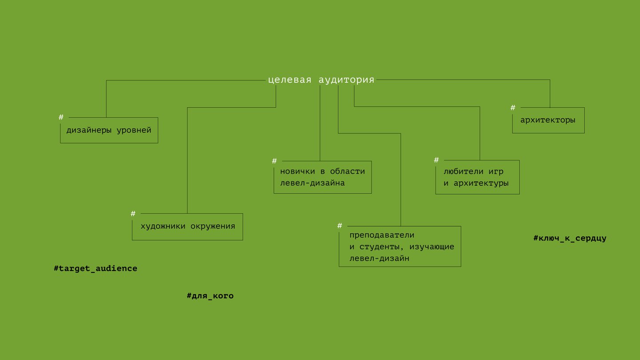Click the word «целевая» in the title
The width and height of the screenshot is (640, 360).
(289, 80)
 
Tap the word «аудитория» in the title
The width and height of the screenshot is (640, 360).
(346, 80)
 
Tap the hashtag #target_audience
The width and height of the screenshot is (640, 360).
(96, 268)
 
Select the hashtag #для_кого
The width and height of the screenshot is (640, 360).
(210, 296)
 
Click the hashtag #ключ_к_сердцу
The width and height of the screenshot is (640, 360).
(570, 238)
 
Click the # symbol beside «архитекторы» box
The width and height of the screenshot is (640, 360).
(513, 108)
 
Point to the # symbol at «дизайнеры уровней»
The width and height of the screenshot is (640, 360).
(61, 117)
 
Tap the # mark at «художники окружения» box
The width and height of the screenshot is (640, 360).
(133, 213)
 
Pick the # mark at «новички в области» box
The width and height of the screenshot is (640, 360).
(274, 161)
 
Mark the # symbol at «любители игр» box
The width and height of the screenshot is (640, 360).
(436, 160)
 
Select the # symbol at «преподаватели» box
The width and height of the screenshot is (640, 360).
(340, 226)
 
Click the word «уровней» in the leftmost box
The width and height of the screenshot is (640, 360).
(134, 130)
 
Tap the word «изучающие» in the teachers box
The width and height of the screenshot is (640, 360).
(432, 247)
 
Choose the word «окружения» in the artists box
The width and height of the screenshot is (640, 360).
(213, 226)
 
